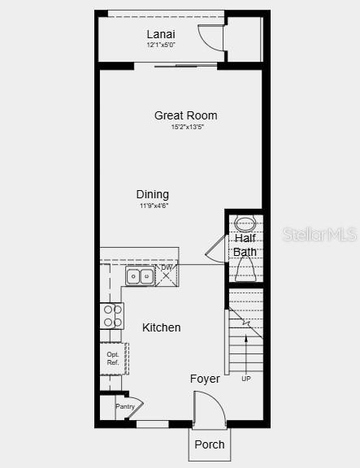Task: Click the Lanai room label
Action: click(x=161, y=34)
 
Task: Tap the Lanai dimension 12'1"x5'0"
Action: click(x=161, y=45)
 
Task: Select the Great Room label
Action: click(x=185, y=115)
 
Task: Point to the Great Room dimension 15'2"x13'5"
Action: click(x=188, y=127)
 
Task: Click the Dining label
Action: click(x=153, y=194)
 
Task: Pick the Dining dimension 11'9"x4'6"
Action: click(x=154, y=206)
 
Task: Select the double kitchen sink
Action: click(x=140, y=276)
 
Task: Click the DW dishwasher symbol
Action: click(x=167, y=275)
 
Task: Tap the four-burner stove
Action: click(x=111, y=316)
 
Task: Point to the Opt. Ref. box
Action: click(x=114, y=359)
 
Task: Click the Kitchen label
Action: click(x=161, y=327)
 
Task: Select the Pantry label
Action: click(x=125, y=406)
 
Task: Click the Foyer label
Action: click(x=205, y=379)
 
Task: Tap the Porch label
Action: click(x=210, y=444)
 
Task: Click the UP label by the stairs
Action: click(x=246, y=379)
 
